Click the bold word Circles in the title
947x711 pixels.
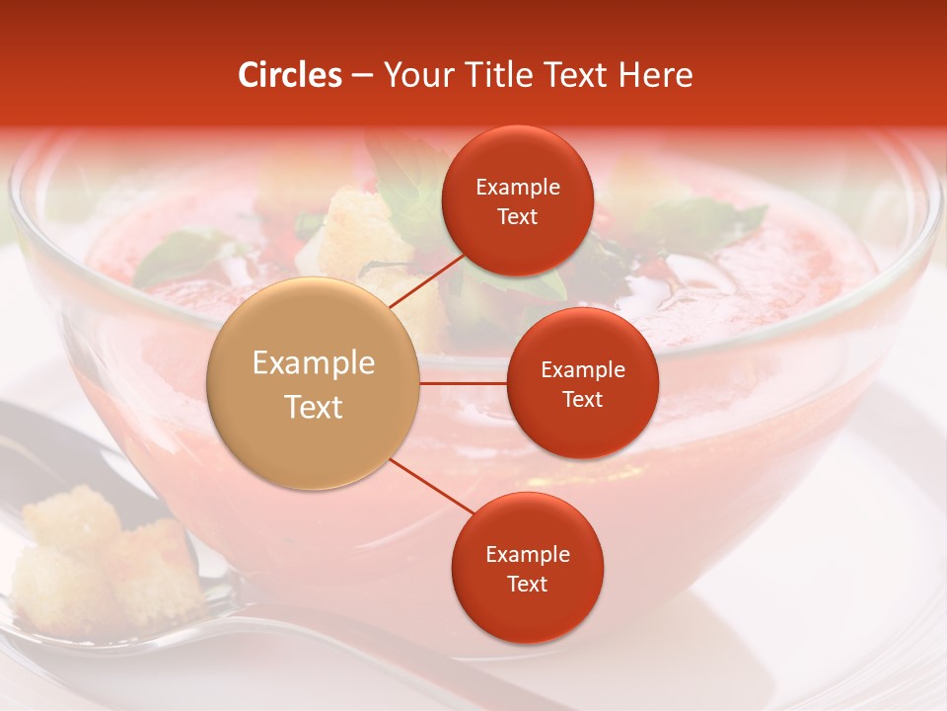coord(290,75)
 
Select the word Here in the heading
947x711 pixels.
coord(656,75)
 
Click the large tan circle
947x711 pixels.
coord(314,383)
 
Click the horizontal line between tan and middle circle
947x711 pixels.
coord(464,383)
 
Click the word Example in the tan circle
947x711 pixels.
coord(314,363)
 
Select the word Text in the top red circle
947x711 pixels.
coord(518,216)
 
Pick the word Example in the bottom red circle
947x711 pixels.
coord(527,555)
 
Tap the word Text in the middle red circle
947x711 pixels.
coord(582,399)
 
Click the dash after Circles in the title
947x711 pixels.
coord(362,75)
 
